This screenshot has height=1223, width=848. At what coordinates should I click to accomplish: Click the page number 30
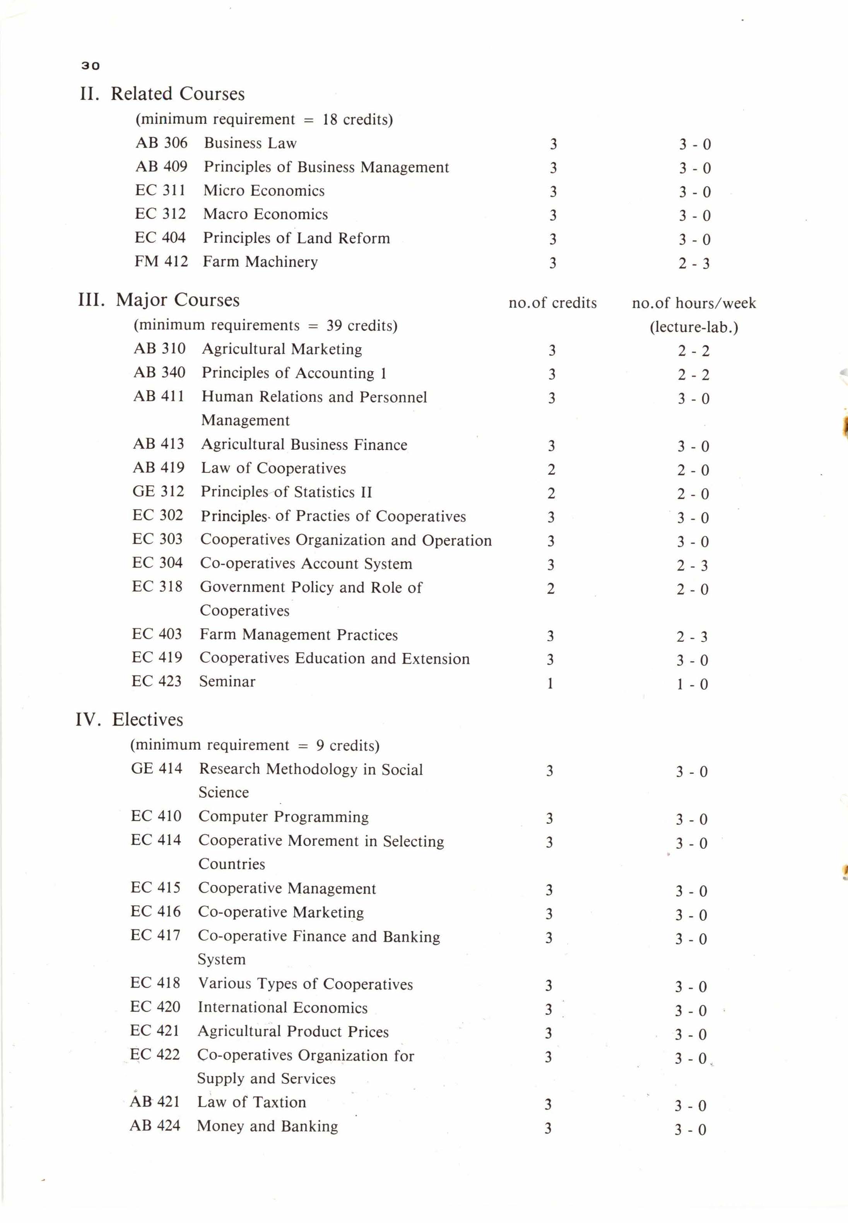point(90,66)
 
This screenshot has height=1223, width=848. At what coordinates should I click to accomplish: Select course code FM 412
point(161,261)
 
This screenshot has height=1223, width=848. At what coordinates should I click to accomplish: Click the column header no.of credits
point(552,303)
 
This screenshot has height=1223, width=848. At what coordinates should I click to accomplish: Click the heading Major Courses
point(178,300)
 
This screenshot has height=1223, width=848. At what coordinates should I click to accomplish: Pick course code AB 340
point(159,372)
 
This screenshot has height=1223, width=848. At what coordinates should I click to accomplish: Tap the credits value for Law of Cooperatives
point(551,469)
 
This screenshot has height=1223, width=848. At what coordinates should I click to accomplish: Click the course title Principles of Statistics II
point(286,492)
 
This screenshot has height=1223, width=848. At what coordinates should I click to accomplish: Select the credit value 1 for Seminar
point(550,684)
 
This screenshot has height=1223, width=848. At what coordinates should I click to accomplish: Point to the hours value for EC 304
point(692,566)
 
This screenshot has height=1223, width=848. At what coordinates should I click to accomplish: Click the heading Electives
point(147,720)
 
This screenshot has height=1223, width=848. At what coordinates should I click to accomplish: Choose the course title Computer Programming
point(283,816)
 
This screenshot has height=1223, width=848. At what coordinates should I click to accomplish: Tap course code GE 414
point(156,768)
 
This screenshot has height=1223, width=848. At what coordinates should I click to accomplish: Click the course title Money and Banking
point(267,1126)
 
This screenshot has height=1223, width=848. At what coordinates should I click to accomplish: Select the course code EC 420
point(155,1006)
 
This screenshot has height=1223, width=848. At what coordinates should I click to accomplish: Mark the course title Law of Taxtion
point(251,1102)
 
